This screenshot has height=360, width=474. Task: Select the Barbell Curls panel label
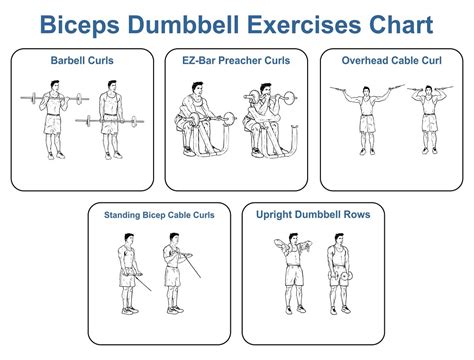tap(82, 60)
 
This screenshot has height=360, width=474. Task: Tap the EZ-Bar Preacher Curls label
tap(237, 60)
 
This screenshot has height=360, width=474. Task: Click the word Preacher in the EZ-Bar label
tap(239, 60)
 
